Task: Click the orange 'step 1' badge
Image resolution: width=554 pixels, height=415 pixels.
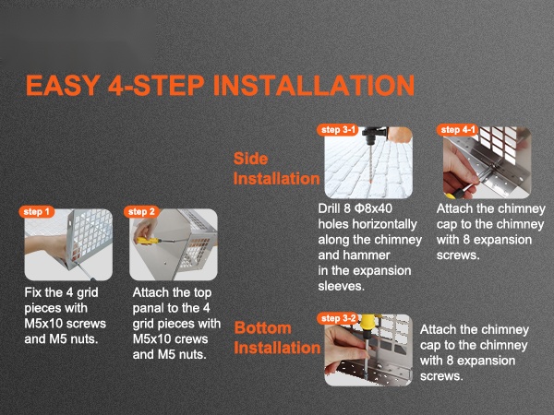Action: coord(37,212)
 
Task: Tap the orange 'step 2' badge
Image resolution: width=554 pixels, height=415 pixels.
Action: coord(141,212)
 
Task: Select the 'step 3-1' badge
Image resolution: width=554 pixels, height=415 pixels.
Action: coord(338,130)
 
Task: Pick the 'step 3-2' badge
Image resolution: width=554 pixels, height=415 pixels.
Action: coord(338,318)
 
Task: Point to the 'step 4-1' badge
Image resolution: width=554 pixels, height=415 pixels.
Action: coord(458,130)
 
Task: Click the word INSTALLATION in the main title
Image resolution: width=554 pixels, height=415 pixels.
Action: coord(313,85)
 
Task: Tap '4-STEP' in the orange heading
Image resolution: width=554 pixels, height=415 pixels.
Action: coord(156,85)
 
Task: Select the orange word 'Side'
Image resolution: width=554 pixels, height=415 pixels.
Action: coord(250,159)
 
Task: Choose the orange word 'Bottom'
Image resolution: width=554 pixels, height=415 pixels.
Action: coord(263,327)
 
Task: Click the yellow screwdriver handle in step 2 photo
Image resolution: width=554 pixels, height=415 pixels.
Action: coord(147,241)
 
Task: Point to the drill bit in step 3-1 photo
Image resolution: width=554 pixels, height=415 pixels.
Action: coord(370,163)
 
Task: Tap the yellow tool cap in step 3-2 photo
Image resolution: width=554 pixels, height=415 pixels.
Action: coord(369,322)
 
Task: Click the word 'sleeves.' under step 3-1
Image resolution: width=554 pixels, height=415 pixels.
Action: coord(341,286)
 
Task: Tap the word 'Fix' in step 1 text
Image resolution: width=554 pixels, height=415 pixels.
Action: coord(33,292)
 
